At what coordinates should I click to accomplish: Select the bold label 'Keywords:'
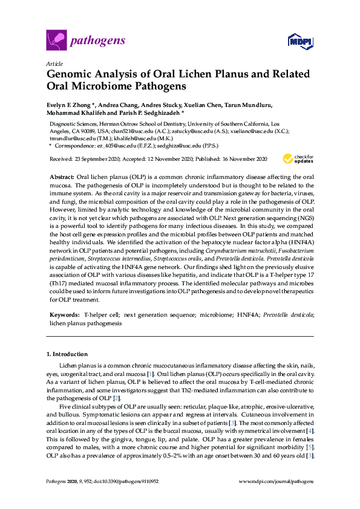[64, 315]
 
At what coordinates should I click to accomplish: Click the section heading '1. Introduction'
[67, 354]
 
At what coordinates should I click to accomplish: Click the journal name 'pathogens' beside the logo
[98, 41]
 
